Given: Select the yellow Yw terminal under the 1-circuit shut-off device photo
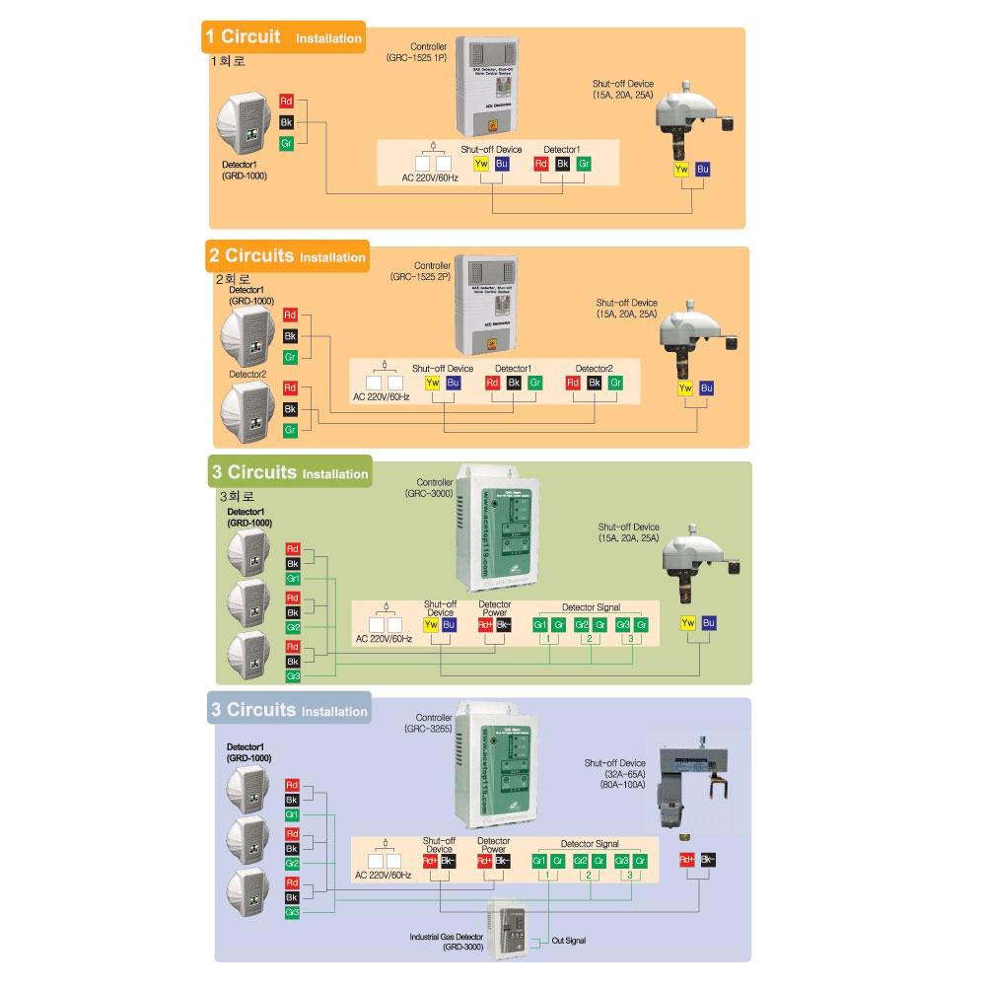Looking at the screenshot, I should [x=680, y=170].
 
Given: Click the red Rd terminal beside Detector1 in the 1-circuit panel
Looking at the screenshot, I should [x=286, y=102].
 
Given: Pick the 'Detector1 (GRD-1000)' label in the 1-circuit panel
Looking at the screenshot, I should [x=245, y=171].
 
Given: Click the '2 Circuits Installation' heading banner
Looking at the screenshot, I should [x=286, y=256].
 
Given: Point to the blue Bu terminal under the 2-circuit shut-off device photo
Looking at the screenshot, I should [x=706, y=388].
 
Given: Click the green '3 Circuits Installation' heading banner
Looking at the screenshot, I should [x=289, y=473].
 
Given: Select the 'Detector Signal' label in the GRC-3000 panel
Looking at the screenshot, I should [x=591, y=607].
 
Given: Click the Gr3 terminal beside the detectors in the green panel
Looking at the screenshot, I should [x=293, y=677].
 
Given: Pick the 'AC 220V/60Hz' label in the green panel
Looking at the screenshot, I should [x=384, y=639].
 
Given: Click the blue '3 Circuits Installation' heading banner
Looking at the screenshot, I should [x=289, y=710].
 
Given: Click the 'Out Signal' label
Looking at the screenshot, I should [x=569, y=941].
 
